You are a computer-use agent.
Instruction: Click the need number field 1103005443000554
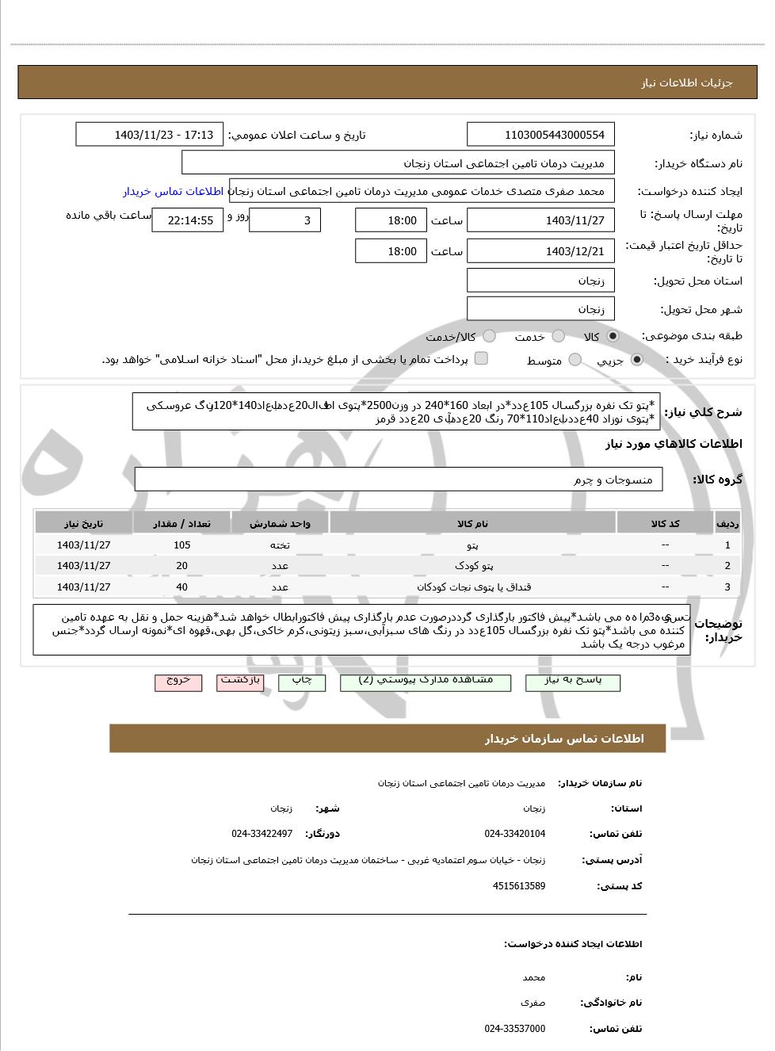click(540, 135)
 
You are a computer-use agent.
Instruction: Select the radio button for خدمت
click(559, 337)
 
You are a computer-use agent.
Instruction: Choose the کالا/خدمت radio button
click(489, 337)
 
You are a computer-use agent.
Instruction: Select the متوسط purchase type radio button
click(575, 361)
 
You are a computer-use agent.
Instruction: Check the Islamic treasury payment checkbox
click(481, 359)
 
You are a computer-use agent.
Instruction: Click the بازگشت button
click(240, 682)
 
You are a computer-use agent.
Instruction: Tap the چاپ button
click(302, 682)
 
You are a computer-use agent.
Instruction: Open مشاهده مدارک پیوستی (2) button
click(426, 682)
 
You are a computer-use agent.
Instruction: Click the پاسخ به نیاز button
click(572, 682)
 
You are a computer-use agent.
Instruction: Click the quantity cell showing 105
click(181, 545)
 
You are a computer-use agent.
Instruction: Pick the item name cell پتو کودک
click(473, 566)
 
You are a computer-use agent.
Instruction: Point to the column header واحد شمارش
click(280, 524)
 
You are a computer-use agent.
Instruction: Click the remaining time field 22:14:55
click(187, 220)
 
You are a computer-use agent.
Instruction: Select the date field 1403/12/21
click(540, 251)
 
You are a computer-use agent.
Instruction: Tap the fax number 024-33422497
click(262, 834)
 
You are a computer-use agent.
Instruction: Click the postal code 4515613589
click(518, 886)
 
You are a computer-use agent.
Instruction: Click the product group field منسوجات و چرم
click(399, 480)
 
